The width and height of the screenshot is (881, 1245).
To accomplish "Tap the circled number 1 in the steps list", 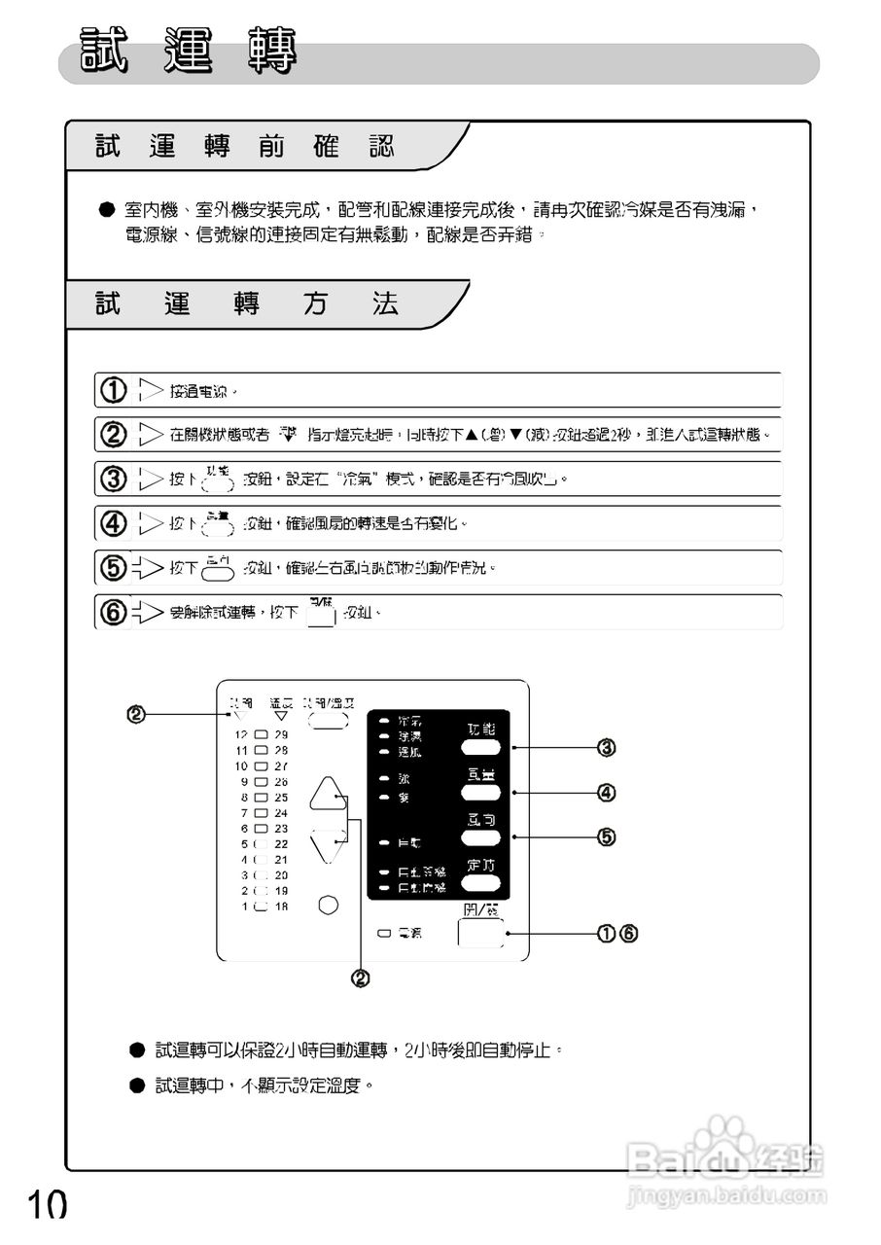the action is coord(114,391).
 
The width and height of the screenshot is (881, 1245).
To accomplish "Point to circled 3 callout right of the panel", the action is coord(606,748).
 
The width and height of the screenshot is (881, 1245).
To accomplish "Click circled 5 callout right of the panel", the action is coord(606,836).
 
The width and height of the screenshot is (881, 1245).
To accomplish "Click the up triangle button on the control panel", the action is coord(328,794).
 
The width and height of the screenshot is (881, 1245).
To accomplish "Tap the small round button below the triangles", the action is coord(329,905).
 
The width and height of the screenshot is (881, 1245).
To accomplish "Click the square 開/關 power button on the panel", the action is coord(481,932).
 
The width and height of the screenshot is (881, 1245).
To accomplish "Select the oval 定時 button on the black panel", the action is coord(481,883).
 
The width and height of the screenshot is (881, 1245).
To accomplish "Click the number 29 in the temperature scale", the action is coord(281,735).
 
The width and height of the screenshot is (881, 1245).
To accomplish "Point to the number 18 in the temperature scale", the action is coord(281,907).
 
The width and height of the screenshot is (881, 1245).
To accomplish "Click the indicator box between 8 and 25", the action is coord(260,798).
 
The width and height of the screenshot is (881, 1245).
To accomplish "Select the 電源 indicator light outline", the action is coord(384,934).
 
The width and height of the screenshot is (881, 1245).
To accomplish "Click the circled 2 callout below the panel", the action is coord(360,978).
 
